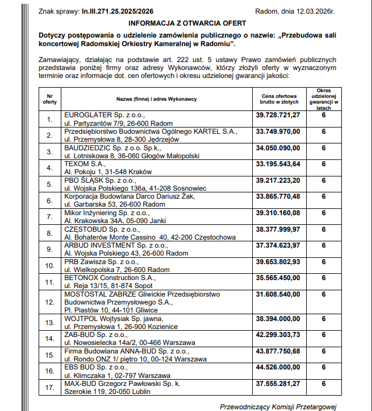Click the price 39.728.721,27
(278, 114)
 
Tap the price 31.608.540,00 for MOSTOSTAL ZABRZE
(278, 294)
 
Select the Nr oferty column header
(50, 98)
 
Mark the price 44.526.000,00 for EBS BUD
(278, 368)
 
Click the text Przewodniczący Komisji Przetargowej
(278, 406)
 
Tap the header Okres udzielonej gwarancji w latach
(324, 98)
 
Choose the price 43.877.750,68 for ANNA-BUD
(278, 352)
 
